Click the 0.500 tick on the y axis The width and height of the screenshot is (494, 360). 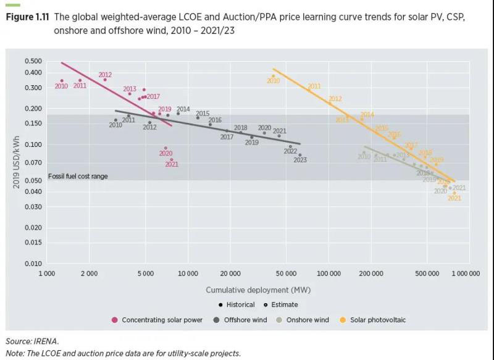tap(33, 61)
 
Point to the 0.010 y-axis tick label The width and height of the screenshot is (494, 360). tap(33, 263)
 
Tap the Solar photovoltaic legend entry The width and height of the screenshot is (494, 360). tap(377, 320)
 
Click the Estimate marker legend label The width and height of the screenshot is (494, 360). tap(284, 304)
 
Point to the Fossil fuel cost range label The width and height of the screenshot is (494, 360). tap(78, 177)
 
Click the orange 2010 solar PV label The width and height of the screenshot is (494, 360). tap(273, 81)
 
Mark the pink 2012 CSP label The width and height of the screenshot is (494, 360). tap(105, 75)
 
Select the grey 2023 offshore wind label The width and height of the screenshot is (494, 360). tap(300, 161)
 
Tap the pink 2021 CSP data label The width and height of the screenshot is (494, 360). tap(172, 165)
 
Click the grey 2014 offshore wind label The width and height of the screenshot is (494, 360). tap(183, 109)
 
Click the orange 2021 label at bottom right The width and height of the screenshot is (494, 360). tap(454, 198)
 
